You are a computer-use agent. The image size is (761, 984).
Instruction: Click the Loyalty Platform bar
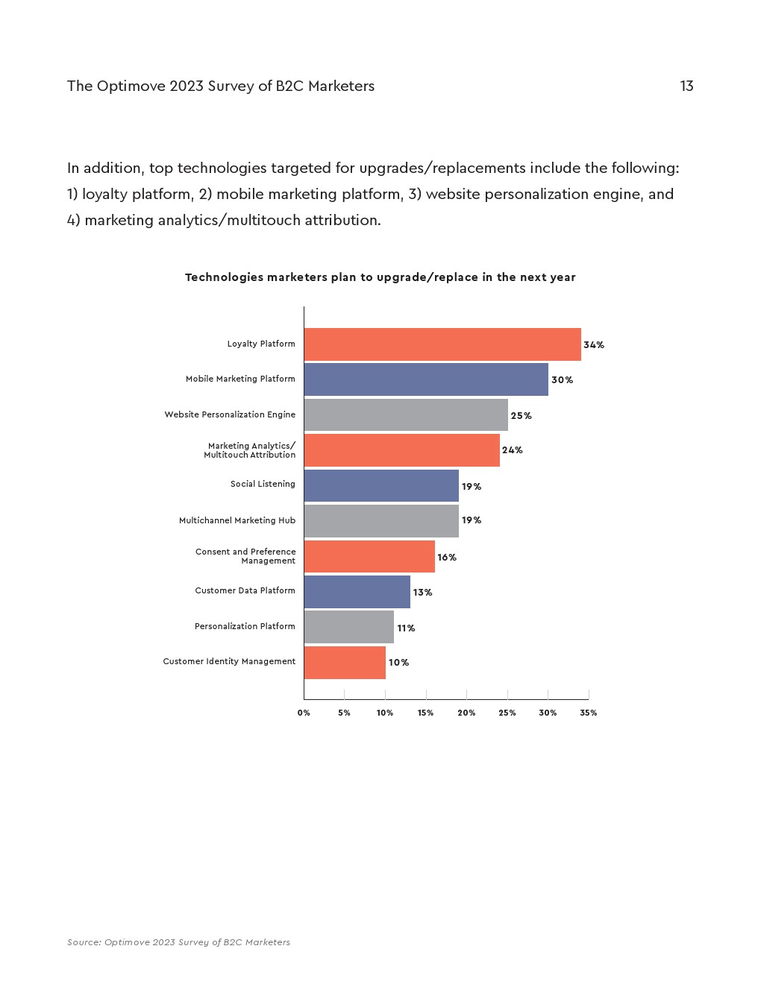coord(442,344)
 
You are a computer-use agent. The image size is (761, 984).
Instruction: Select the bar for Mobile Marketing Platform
coord(425,379)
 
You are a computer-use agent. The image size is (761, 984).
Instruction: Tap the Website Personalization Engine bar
coord(405,414)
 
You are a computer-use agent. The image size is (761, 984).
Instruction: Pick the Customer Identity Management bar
coord(344,663)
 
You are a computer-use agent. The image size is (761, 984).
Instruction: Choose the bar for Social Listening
coord(380,485)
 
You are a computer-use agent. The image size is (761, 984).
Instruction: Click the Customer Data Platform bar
coord(357,592)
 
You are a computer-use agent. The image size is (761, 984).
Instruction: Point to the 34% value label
coord(594,345)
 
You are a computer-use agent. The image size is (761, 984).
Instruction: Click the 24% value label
coord(513,450)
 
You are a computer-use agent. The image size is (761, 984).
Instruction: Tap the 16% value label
coord(447,558)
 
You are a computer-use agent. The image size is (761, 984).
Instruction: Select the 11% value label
coord(406,628)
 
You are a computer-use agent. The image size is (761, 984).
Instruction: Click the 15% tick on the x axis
coord(425,713)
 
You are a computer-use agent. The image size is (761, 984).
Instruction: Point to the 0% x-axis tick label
coord(304,713)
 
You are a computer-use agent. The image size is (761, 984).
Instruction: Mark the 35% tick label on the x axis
coord(588,713)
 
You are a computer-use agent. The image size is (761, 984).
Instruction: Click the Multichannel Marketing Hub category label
coord(237,520)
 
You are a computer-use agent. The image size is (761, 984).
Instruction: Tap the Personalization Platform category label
coord(245,626)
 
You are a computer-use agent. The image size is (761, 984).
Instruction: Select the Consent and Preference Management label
coord(245,556)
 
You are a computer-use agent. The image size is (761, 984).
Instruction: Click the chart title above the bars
coord(380,277)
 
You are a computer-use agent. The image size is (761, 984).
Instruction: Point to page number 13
coord(686,86)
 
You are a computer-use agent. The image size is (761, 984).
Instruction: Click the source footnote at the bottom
coord(179,942)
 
